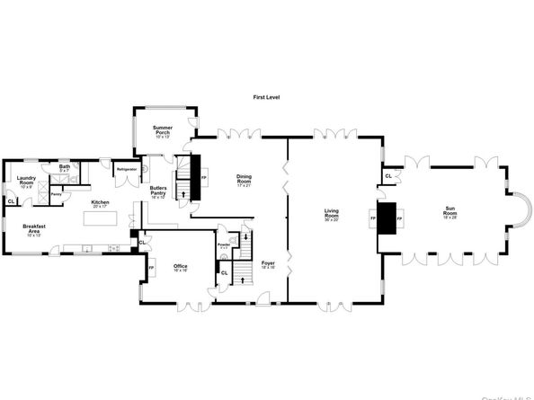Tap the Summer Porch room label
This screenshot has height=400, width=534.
pyautogui.click(x=163, y=131)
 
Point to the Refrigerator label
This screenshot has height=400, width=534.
pyautogui.click(x=126, y=168)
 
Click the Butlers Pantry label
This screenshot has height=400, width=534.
pyautogui.click(x=157, y=191)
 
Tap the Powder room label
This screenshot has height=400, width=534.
pyautogui.click(x=224, y=244)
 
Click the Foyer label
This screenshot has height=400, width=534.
pyautogui.click(x=268, y=264)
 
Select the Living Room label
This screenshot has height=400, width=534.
pyautogui.click(x=332, y=216)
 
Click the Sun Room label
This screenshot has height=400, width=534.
pyautogui.click(x=449, y=213)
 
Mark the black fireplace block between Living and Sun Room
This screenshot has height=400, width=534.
pyautogui.click(x=387, y=218)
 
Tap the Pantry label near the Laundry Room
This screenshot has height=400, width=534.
pyautogui.click(x=56, y=194)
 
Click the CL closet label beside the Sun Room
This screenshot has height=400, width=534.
pyautogui.click(x=387, y=176)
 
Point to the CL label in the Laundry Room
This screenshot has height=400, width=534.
pyautogui.click(x=11, y=201)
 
